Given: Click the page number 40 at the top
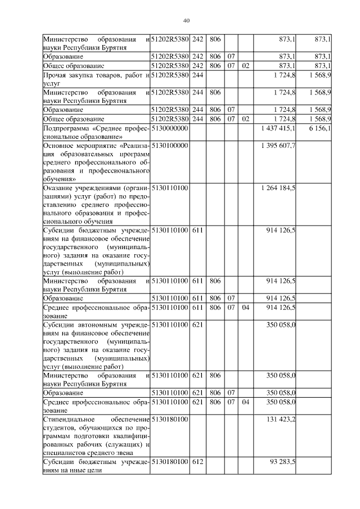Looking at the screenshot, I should point(186,21).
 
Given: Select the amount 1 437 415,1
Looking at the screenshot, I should point(278,129).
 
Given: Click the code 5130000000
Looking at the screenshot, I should point(169,129).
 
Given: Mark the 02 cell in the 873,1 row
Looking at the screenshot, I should point(245,65).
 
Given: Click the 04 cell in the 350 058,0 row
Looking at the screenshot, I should point(245,403).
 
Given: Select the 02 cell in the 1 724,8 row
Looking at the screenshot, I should point(245,119).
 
